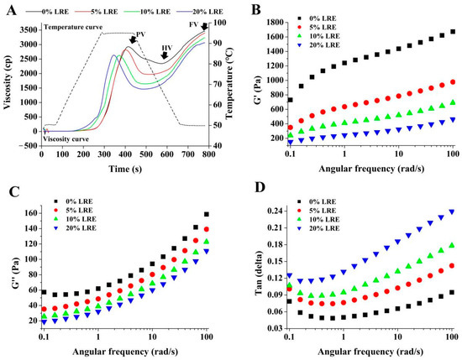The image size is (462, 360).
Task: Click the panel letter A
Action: click(10, 8)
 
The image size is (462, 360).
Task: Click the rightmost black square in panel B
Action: click(453, 32)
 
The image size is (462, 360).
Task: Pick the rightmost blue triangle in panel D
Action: click(453, 211)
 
